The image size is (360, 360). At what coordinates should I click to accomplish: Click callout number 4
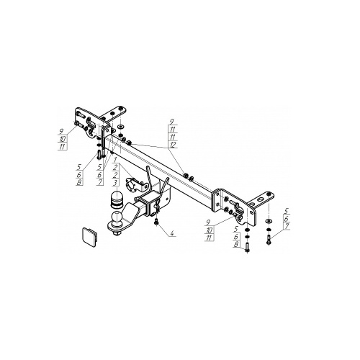coord(171,233)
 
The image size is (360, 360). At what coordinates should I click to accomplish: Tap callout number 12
coord(173,145)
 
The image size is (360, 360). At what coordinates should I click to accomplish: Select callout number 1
coord(115,159)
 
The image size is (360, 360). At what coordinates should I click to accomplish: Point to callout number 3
coord(116,182)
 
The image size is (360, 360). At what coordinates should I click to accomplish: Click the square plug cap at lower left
coord(90,237)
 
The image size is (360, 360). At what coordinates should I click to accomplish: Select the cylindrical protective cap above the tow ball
coord(116,198)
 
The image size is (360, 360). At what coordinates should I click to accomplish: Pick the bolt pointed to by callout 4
coord(156,222)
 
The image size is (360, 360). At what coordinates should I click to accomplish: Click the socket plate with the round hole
coord(135,185)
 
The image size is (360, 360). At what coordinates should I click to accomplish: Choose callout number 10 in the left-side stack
coord(63,139)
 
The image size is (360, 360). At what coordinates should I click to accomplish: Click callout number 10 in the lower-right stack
coord(210,230)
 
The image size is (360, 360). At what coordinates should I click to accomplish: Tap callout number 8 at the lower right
coord(236,245)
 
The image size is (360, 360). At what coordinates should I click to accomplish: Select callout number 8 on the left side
coord(79,182)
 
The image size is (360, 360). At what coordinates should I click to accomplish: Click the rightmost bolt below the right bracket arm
coord(269,240)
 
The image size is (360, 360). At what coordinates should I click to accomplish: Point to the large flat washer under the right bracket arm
coord(269,220)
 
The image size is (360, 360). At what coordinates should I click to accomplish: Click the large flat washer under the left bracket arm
coord(120,127)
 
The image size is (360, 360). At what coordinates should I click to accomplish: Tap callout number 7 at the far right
coord(287,226)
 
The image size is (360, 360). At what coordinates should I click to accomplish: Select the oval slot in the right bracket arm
coord(260,199)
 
